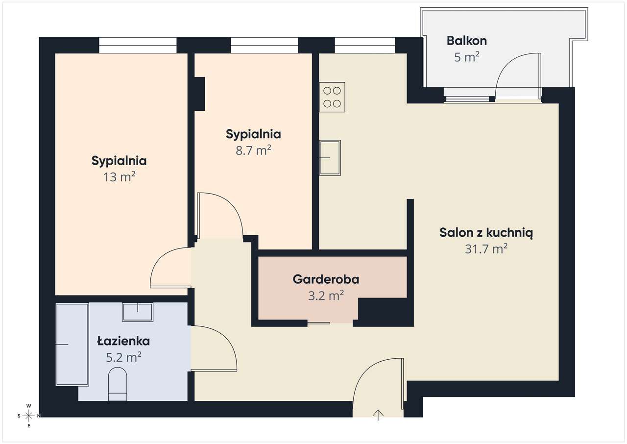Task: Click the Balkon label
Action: pos(467,41)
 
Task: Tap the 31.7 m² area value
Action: pos(486,248)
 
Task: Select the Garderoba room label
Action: pos(326,279)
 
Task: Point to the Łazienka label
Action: pos(123,341)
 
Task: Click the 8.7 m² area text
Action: pos(253,150)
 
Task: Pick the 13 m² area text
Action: pos(119,177)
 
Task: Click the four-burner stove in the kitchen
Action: pos(332,97)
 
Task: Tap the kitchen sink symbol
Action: pos(330,158)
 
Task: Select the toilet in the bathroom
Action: pos(118,384)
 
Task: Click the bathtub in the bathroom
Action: pos(72,345)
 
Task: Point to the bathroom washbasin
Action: pos(138,312)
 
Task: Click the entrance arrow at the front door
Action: pos(378,415)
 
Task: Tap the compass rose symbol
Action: pos(28,416)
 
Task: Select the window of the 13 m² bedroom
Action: pos(138,46)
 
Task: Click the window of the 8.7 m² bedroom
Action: pos(264,46)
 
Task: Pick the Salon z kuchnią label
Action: pos(486,233)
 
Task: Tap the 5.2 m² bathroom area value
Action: pos(123,357)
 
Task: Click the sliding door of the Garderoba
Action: pos(318,323)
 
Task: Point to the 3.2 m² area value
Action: pos(326,296)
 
